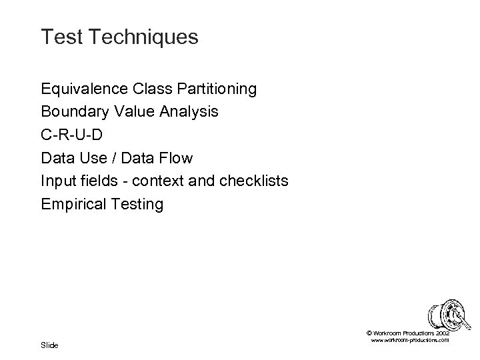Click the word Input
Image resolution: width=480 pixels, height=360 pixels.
point(57,181)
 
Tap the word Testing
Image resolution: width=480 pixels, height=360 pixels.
point(137,204)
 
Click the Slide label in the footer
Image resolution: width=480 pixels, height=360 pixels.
point(49,345)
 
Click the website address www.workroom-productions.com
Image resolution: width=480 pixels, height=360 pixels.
point(409,340)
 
